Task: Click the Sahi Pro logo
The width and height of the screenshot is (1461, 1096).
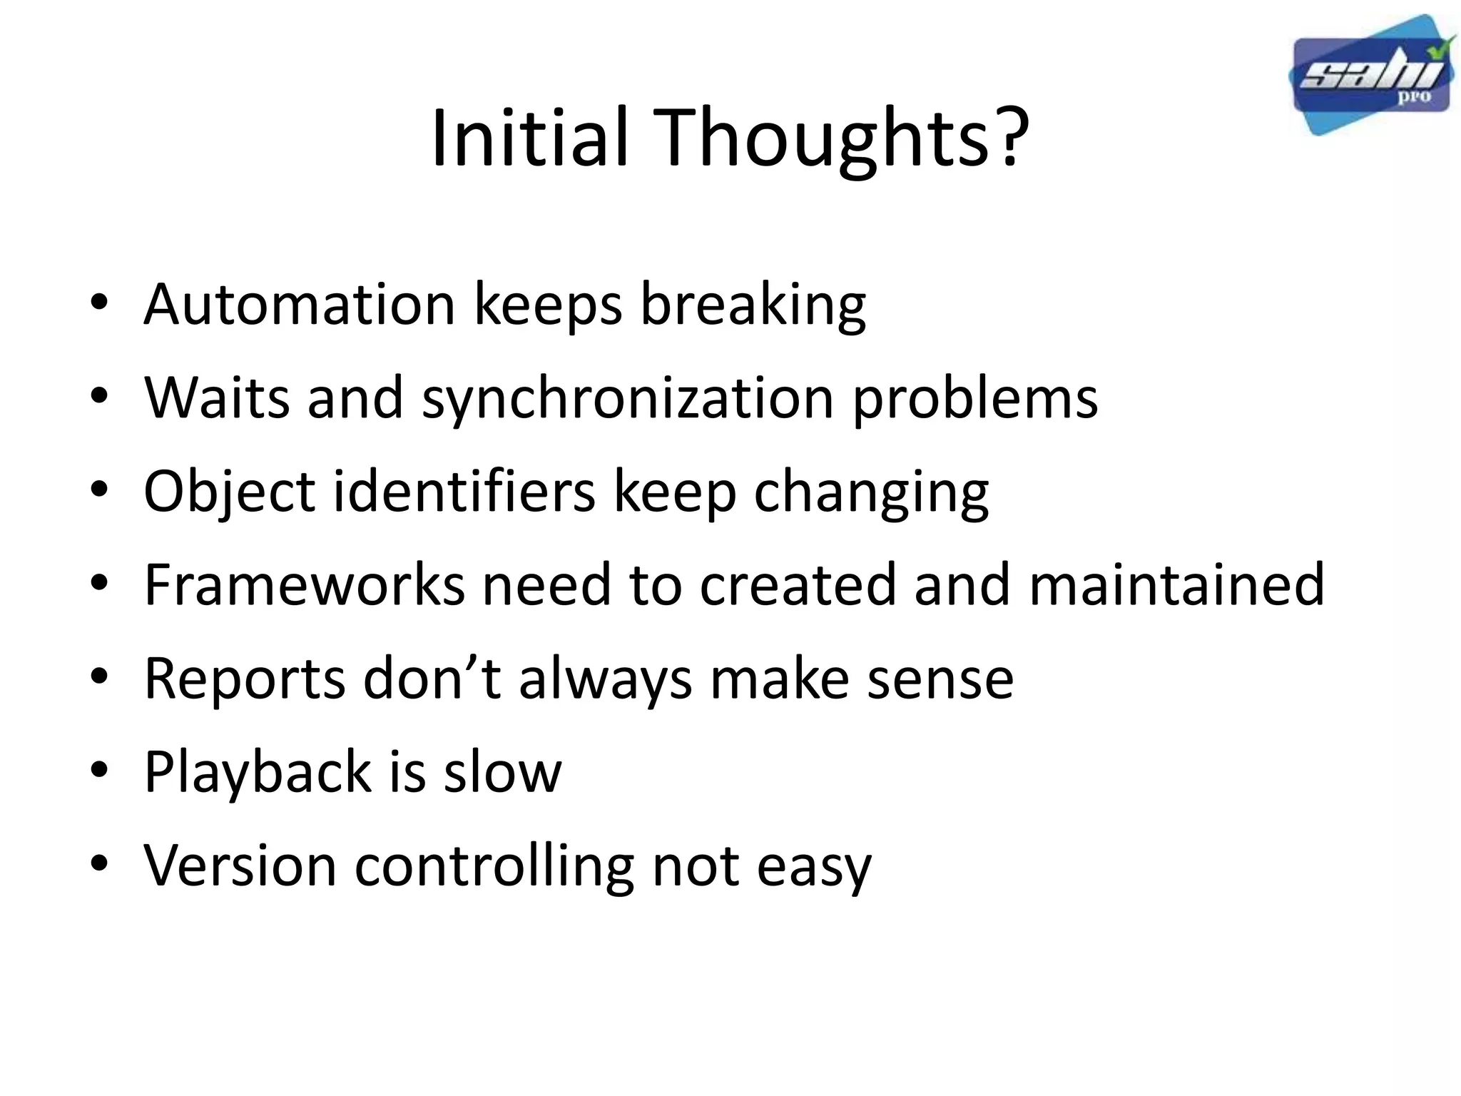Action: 1371,76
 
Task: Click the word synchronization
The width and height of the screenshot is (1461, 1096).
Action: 628,398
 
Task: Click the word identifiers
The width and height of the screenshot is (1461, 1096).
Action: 464,492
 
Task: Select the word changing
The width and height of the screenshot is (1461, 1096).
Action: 871,492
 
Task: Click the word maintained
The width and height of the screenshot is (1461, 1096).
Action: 1176,585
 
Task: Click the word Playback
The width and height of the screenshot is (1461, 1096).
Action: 258,772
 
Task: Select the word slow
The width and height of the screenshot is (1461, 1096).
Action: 502,772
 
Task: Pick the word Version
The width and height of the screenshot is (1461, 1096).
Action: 240,866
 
